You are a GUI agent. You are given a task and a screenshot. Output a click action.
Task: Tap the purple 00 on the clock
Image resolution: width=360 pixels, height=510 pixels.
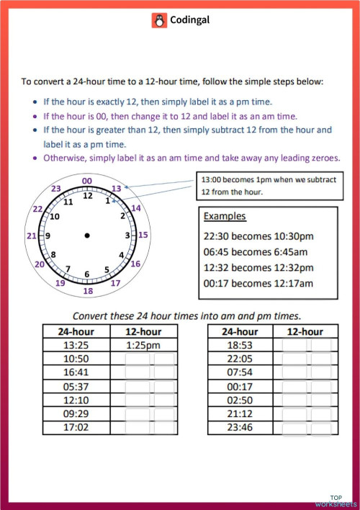(87, 181)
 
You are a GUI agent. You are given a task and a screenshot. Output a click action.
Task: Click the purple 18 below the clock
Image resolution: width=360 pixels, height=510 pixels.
(88, 291)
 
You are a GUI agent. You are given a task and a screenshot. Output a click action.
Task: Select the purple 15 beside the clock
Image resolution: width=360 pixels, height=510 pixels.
(143, 235)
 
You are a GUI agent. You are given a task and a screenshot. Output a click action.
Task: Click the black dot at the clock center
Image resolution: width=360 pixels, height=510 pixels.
(87, 236)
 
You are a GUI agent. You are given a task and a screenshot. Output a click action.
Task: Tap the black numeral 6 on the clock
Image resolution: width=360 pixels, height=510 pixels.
(87, 274)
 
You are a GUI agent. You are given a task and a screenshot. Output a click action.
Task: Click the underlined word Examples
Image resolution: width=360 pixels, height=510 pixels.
(225, 216)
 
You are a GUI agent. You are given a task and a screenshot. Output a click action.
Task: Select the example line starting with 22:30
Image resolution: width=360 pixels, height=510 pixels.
(258, 234)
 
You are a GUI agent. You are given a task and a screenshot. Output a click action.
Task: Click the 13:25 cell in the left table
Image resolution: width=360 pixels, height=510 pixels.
(76, 344)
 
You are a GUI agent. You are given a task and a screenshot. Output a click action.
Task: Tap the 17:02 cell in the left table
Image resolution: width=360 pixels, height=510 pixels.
(76, 426)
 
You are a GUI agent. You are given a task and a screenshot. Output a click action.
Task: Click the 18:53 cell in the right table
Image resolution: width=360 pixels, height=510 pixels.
(240, 344)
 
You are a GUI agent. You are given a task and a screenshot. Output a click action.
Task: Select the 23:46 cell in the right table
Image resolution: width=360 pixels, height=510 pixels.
(240, 426)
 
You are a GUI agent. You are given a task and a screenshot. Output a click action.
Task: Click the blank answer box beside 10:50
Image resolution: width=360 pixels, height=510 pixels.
(150, 358)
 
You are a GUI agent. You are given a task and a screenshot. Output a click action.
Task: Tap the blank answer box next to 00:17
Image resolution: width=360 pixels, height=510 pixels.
(307, 385)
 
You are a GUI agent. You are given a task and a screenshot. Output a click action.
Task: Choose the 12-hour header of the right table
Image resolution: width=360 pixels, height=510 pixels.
(305, 331)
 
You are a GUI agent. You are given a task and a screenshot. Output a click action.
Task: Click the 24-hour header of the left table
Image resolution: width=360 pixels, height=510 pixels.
(76, 331)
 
